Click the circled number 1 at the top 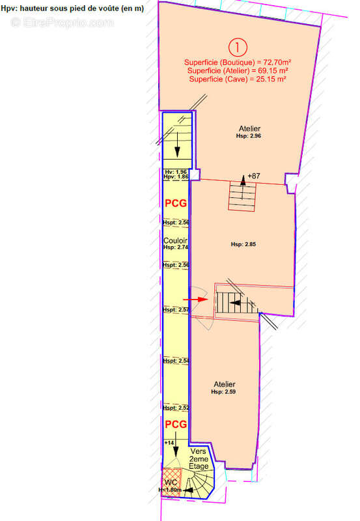coord(238,47)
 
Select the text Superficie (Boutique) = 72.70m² coord(238,62)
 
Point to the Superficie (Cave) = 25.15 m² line coord(238,79)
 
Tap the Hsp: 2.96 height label coord(249,136)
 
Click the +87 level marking coord(254,176)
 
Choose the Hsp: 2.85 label coord(243,244)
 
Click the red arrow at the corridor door coord(195,300)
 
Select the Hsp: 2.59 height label coord(223,392)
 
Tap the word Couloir coord(175,240)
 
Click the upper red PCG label coord(176,203)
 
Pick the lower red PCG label coord(176,425)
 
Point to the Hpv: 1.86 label coord(176,176)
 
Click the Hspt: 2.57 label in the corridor coord(176,310)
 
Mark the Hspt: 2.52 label coord(176,408)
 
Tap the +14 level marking coord(169,443)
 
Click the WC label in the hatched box coord(171,482)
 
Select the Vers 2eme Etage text coord(199,459)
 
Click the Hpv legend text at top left coord(72,8)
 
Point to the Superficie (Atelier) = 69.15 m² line coord(238,70)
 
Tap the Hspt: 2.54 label coord(176,361)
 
